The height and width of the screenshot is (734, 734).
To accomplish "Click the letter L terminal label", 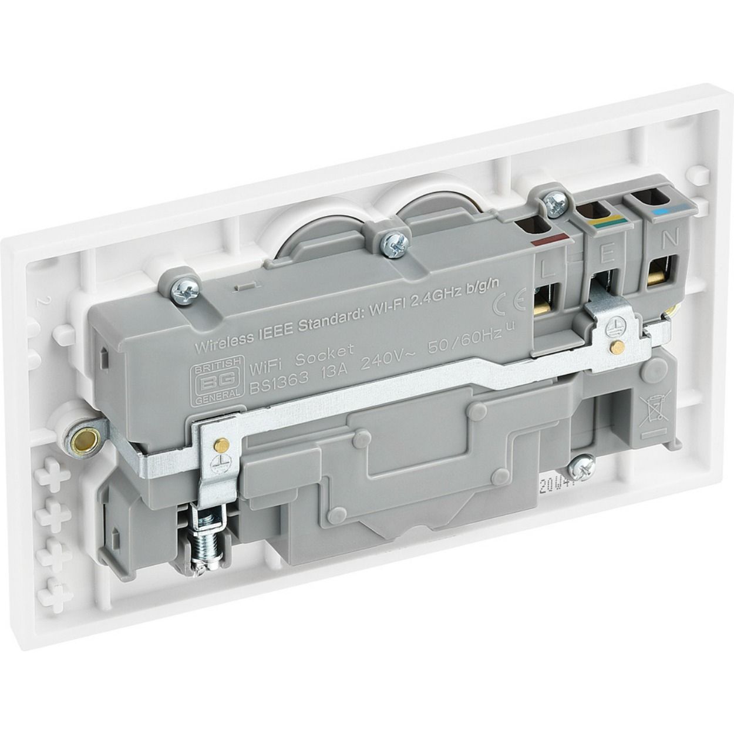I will (547, 269).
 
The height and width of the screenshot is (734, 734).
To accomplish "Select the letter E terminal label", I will (607, 254).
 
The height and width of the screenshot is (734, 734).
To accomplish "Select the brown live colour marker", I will (549, 238).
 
